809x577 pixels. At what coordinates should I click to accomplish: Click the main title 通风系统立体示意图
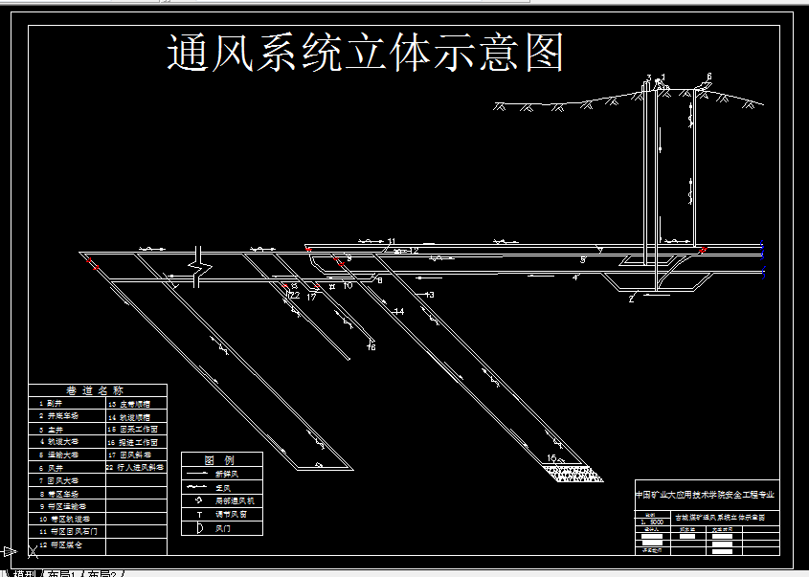366,54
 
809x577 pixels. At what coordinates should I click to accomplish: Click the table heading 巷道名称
95,390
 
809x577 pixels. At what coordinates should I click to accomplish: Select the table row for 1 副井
51,404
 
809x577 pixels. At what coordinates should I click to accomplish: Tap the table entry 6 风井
52,468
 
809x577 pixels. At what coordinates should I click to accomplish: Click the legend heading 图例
221,460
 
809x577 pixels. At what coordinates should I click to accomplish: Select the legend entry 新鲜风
228,474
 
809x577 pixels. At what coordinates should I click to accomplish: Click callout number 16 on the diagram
371,346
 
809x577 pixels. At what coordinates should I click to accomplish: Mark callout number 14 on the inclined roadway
398,312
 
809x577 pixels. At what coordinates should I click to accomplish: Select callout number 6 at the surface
708,77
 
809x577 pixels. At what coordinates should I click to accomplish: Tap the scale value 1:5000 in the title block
653,522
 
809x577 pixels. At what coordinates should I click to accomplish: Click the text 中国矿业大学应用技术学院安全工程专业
706,496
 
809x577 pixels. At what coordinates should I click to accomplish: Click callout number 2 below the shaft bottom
631,300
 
